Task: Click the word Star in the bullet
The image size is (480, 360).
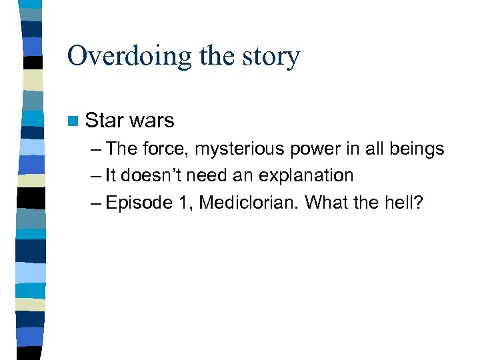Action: (103, 120)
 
